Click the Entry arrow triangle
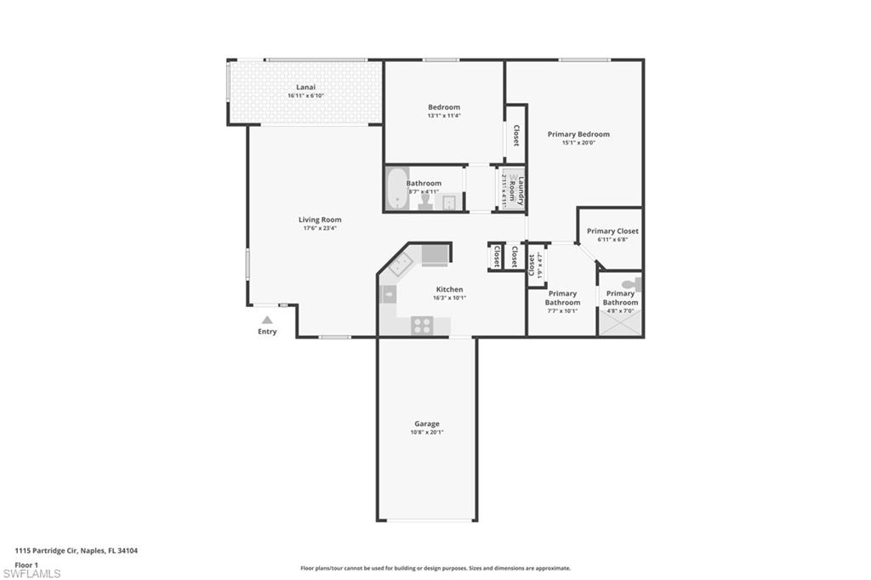click(x=267, y=320)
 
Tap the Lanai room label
click(x=306, y=87)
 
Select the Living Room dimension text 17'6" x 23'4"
click(x=320, y=229)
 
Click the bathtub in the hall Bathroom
click(x=396, y=188)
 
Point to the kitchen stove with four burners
click(x=423, y=325)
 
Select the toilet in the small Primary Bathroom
click(x=632, y=284)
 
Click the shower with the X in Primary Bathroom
click(x=619, y=324)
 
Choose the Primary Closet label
click(x=612, y=231)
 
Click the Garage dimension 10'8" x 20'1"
click(x=427, y=432)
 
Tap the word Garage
click(x=427, y=424)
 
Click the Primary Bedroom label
click(x=578, y=134)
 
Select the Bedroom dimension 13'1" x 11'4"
click(x=444, y=116)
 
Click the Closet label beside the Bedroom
click(x=515, y=136)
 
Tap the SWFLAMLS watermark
click(x=31, y=572)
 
